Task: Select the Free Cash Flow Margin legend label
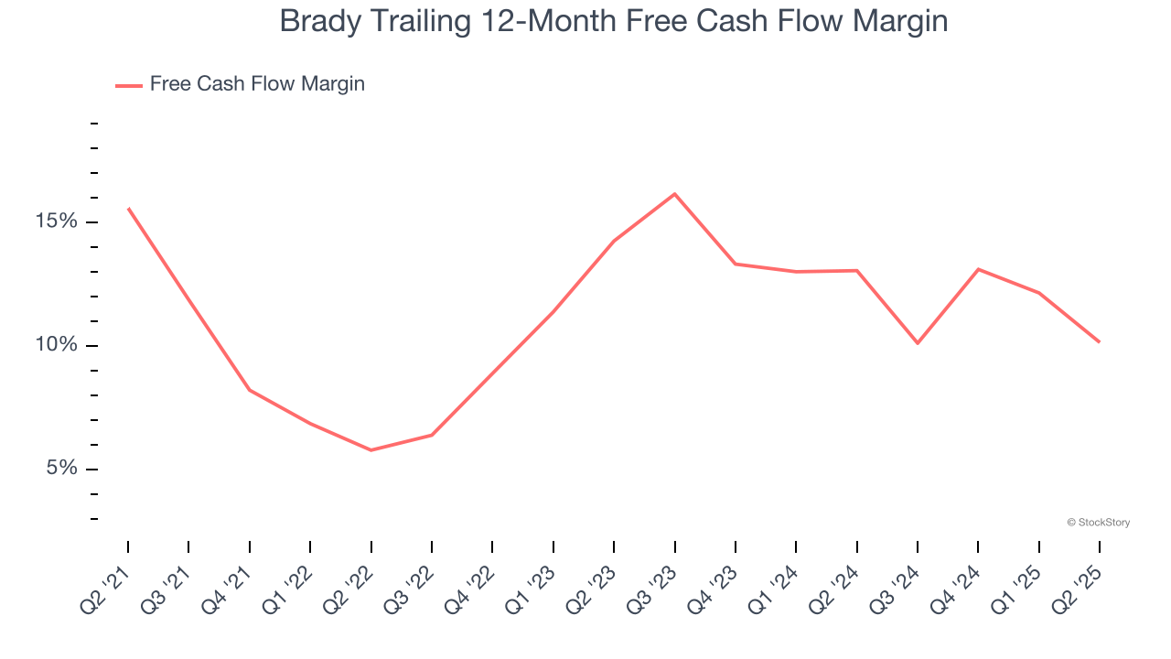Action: point(257,84)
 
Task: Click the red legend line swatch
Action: point(128,85)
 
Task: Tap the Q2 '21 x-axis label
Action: point(106,583)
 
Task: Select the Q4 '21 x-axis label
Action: point(228,583)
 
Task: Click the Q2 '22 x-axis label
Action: point(349,583)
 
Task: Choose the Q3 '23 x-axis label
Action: point(653,583)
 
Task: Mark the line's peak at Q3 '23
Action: point(674,194)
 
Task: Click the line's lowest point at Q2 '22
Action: point(371,450)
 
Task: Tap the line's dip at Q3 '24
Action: point(918,343)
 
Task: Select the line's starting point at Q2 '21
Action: point(128,209)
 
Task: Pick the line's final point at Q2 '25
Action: point(1099,342)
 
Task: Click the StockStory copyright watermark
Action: point(1098,523)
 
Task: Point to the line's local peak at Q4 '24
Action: point(978,269)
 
